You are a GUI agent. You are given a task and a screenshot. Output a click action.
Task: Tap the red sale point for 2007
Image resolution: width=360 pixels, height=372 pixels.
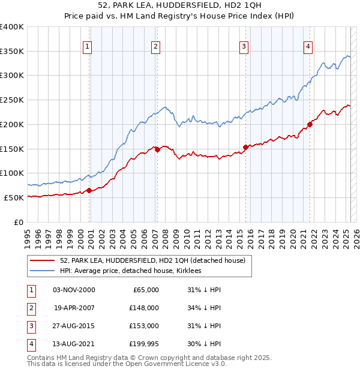point(157,150)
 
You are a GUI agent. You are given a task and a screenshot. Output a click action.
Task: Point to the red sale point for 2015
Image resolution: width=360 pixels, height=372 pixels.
point(245,147)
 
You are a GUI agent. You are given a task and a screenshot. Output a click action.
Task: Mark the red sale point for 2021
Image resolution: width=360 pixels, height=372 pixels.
point(310,125)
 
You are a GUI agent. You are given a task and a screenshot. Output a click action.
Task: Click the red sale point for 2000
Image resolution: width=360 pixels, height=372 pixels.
point(89,190)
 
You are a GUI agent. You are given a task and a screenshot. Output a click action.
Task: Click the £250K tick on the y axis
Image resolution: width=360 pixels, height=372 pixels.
point(13,100)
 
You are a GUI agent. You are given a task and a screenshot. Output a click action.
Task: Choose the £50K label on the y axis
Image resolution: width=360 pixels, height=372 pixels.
point(14,197)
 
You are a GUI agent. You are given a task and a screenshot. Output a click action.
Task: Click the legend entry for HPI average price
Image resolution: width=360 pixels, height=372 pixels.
point(130,271)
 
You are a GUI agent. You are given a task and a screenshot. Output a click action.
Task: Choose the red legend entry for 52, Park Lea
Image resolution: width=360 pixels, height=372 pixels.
point(152,261)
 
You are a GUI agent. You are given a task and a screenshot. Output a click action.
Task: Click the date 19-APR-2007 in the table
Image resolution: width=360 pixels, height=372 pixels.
point(74,308)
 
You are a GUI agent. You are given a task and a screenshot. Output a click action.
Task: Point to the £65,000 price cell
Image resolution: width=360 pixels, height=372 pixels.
point(144,290)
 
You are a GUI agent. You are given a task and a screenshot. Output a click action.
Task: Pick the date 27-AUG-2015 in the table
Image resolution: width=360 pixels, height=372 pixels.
point(74,326)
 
